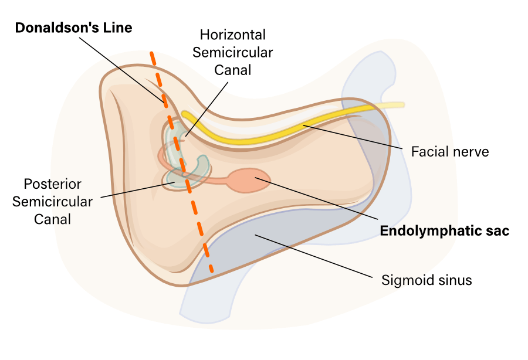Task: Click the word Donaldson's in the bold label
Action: coord(49,28)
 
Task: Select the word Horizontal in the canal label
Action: coord(233,35)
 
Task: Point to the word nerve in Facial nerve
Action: coord(469,152)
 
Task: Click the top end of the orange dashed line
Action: coord(152,55)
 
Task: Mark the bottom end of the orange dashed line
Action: coord(211,271)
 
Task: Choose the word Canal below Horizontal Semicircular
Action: coord(233,70)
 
